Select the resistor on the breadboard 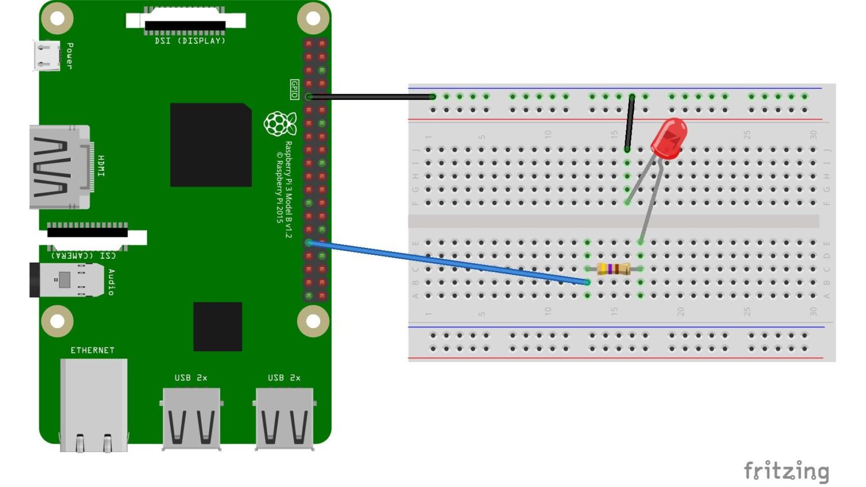pyautogui.click(x=613, y=269)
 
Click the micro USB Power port pyautogui.click(x=46, y=56)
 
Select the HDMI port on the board pyautogui.click(x=59, y=167)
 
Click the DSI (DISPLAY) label pyautogui.click(x=190, y=41)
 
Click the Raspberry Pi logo pyautogui.click(x=280, y=124)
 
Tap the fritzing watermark pyautogui.click(x=786, y=471)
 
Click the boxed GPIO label pyautogui.click(x=294, y=89)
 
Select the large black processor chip pyautogui.click(x=211, y=145)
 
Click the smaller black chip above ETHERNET pyautogui.click(x=218, y=326)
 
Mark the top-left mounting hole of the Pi pyautogui.click(x=58, y=18)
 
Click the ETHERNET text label pyautogui.click(x=92, y=350)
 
